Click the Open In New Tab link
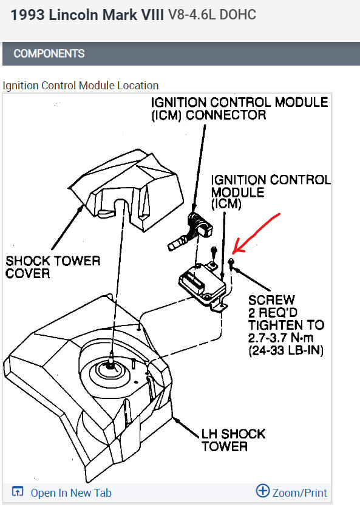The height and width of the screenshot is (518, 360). click(x=71, y=492)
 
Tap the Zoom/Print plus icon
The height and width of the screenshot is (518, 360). click(x=263, y=491)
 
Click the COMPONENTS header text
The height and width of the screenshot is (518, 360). click(x=49, y=53)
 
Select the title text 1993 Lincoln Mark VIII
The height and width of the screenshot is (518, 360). click(x=87, y=15)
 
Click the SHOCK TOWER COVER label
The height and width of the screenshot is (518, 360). click(x=53, y=267)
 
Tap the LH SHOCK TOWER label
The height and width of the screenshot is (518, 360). click(x=234, y=440)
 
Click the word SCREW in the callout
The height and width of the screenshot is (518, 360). click(x=271, y=300)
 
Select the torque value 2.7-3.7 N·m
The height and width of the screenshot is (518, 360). click(x=280, y=338)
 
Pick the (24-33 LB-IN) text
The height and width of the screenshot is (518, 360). click(x=286, y=350)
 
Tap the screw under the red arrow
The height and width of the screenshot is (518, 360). click(x=231, y=264)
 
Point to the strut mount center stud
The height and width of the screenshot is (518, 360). click(x=110, y=360)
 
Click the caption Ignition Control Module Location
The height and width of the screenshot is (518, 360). click(x=81, y=86)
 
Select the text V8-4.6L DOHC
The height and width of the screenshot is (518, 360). click(x=212, y=15)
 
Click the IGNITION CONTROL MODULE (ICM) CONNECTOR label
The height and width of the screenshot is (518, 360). click(x=240, y=108)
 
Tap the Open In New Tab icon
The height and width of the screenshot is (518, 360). click(x=18, y=491)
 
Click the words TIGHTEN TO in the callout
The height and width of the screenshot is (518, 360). click(x=286, y=325)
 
